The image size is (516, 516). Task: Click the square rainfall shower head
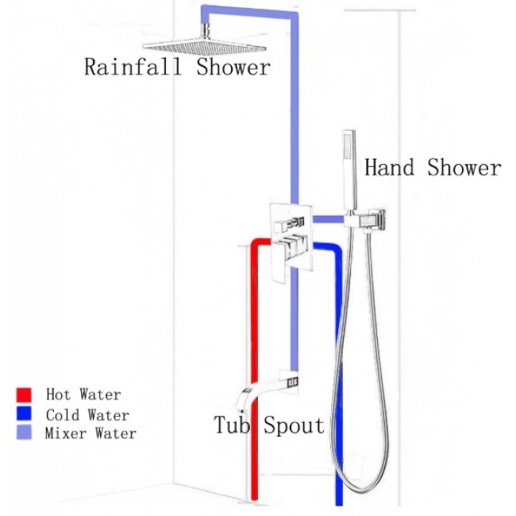tap(176, 46)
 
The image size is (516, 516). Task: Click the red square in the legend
tap(23, 395)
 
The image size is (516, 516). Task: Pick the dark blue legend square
tap(23, 414)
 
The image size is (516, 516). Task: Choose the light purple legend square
tap(23, 433)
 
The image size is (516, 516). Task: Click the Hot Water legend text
tap(83, 395)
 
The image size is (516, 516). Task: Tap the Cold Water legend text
tap(87, 414)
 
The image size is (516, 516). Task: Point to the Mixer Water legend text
tap(90, 433)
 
